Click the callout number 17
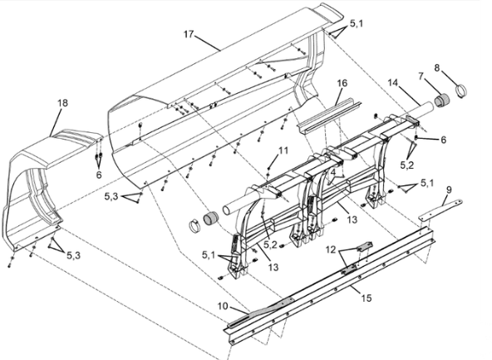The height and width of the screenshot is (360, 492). click(x=189, y=33)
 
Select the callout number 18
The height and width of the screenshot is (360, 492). click(x=62, y=102)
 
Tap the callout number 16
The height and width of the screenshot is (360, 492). click(x=342, y=83)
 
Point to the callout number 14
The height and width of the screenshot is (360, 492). click(x=392, y=83)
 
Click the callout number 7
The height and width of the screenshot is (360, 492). click(x=421, y=76)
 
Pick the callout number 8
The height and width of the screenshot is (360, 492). click(x=437, y=67)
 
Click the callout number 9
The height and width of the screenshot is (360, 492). click(x=449, y=190)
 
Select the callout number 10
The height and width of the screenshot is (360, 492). click(x=223, y=306)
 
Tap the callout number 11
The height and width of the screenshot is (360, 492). click(x=283, y=151)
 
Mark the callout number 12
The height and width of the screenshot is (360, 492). click(x=331, y=249)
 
